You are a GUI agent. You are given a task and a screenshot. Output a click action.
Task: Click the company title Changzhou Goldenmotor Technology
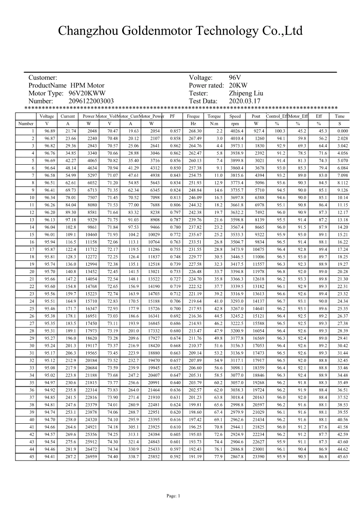click(x=180, y=31)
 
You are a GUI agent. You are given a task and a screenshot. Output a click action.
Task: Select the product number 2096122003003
click(x=91, y=101)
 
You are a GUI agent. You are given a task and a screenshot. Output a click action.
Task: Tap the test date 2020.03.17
click(x=245, y=101)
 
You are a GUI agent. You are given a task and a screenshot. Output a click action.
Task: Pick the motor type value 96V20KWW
click(x=87, y=93)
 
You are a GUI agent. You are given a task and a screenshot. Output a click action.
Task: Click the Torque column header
click(x=214, y=117)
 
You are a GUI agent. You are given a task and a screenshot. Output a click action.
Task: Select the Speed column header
click(x=235, y=117)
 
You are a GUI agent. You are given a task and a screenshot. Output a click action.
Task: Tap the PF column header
click(x=172, y=117)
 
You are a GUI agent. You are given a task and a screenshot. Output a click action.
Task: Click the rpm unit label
click(x=235, y=123)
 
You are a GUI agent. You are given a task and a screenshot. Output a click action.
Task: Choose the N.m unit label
click(x=214, y=123)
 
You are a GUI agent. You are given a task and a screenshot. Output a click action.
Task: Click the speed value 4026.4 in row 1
click(x=237, y=131)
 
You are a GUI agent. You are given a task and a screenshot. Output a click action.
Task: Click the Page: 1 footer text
click(x=174, y=496)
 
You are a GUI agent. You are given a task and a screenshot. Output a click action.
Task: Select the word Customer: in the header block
click(x=43, y=78)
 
